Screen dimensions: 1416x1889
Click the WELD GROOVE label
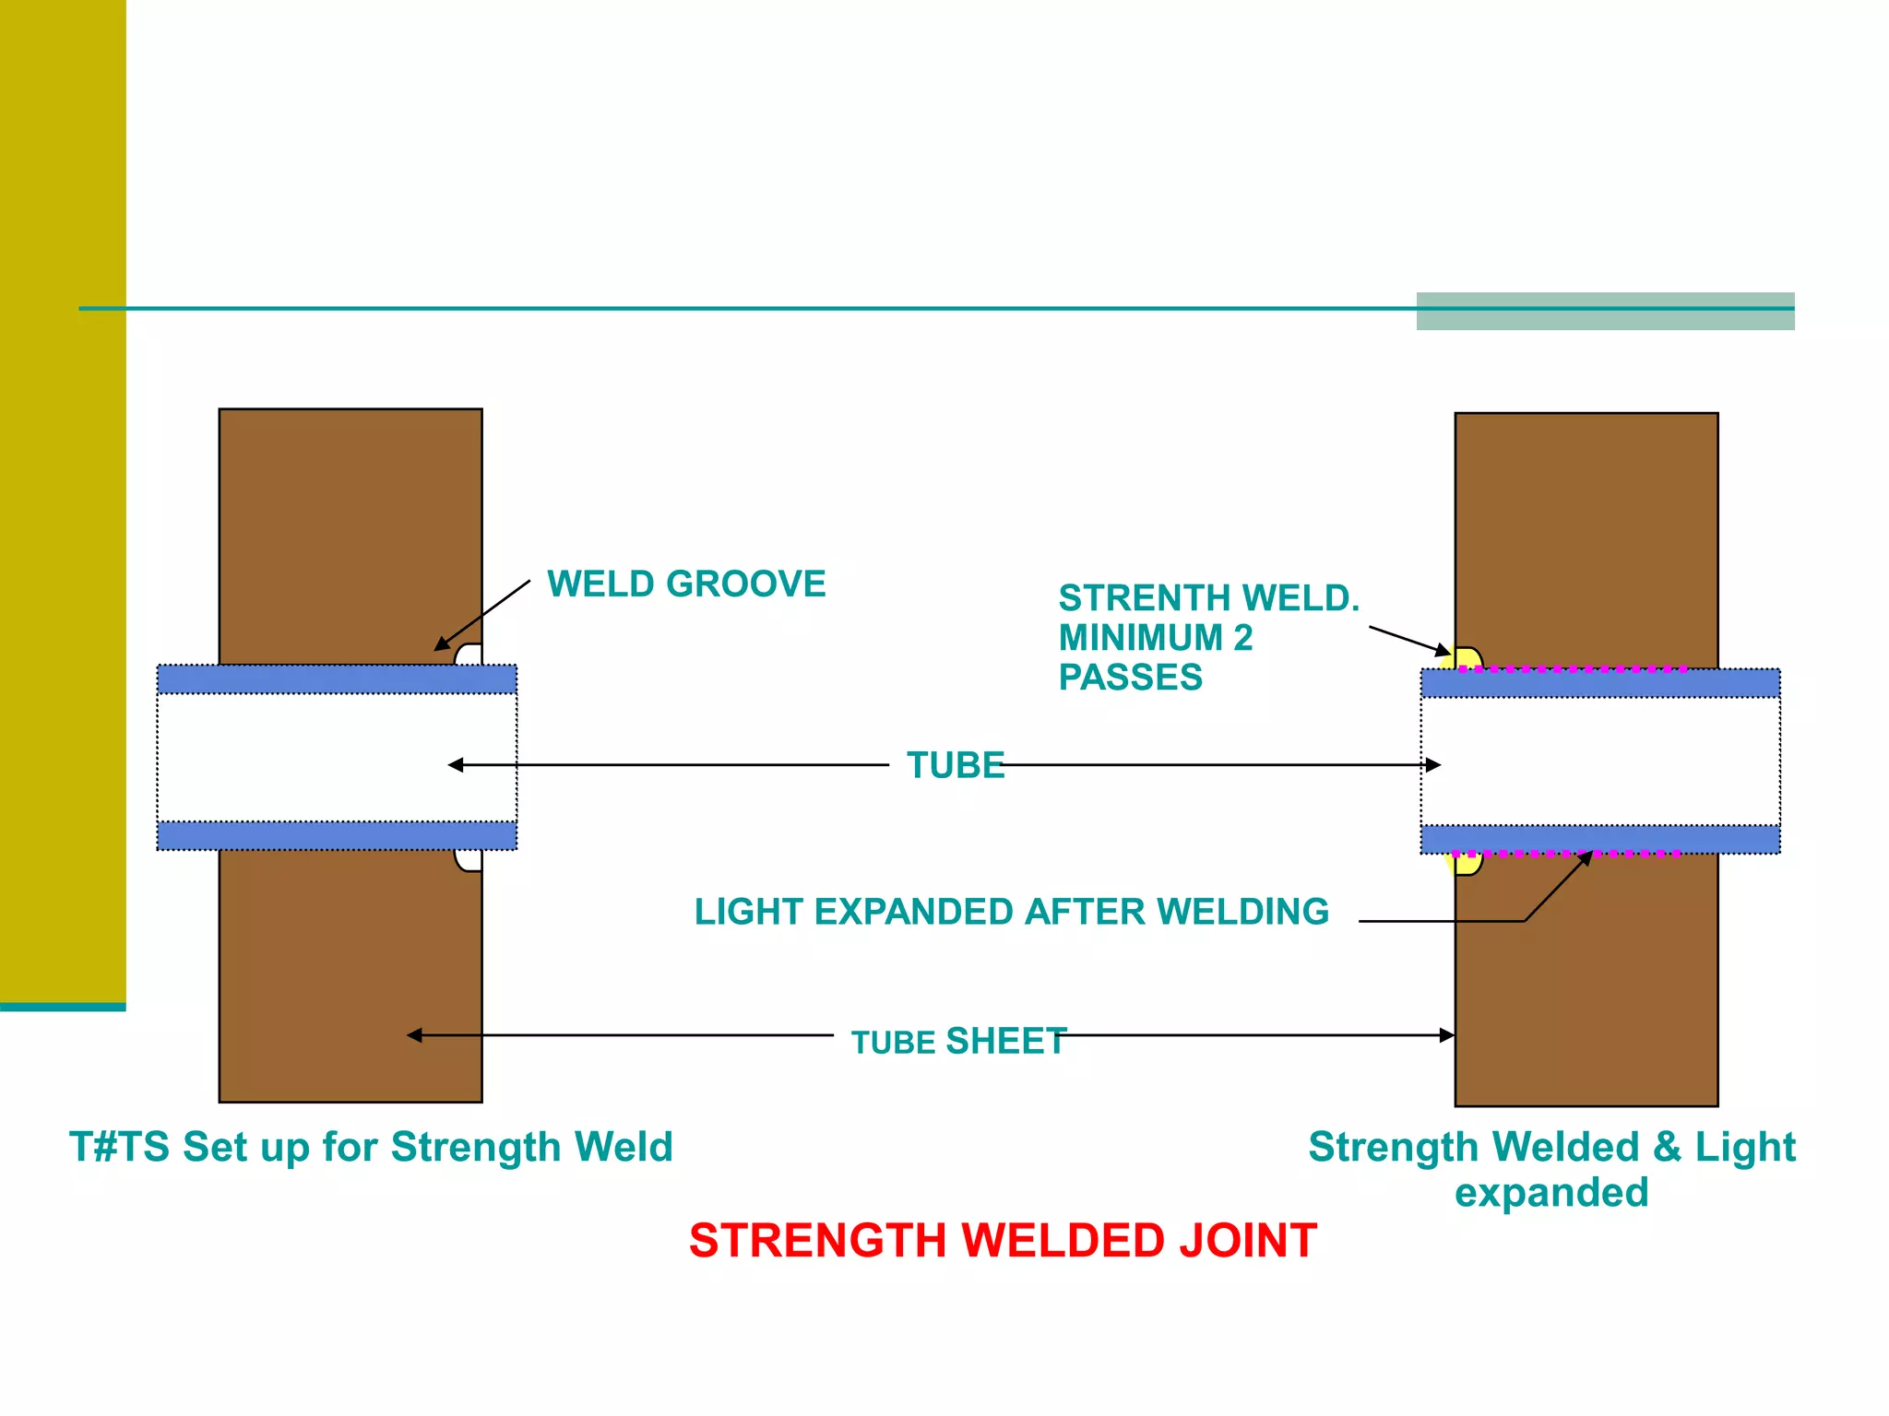[686, 584]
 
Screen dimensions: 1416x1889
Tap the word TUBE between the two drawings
[955, 765]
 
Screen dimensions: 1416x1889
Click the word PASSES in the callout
[1130, 678]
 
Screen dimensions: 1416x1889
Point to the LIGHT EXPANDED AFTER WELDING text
[1011, 912]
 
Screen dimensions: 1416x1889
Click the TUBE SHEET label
[958, 1042]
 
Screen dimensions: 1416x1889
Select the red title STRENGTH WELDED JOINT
[1003, 1241]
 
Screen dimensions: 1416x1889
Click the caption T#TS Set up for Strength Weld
[371, 1148]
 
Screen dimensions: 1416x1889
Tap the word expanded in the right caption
[1551, 1193]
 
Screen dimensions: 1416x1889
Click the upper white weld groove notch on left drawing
[469, 655]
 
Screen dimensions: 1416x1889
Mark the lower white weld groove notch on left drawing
[469, 860]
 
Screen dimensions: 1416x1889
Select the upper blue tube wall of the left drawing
[337, 679]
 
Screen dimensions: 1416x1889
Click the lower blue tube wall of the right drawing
[1600, 839]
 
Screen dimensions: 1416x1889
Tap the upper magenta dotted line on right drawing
[1573, 669]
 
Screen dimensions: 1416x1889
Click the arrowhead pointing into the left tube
[456, 765]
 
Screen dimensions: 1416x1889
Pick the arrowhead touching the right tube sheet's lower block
[1447, 1035]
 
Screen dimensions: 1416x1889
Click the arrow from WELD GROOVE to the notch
[482, 615]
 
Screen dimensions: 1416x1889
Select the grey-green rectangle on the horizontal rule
[1605, 312]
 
